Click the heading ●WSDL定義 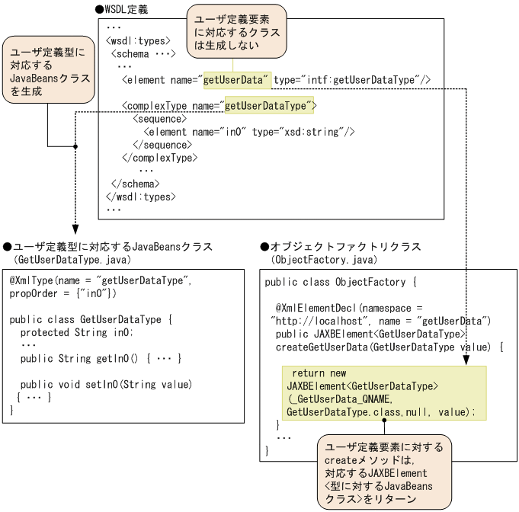point(122,10)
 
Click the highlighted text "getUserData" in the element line point(236,80)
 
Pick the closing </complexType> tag point(159,158)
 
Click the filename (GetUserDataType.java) point(62,259)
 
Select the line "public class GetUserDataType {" point(90,319)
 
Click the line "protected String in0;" point(77,332)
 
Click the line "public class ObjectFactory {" point(341,283)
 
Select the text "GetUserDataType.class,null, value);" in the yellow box point(380,412)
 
